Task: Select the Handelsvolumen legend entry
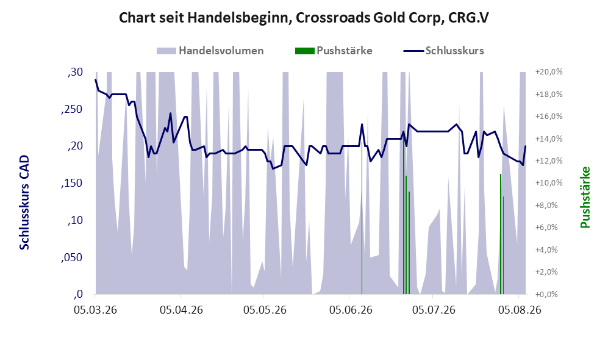point(210,51)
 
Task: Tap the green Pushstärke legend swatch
point(304,51)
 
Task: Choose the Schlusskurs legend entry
point(443,51)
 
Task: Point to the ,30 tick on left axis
point(75,72)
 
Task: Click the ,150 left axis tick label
point(72,183)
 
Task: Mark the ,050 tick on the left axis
point(72,257)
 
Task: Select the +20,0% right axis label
point(549,72)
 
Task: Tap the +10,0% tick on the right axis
point(549,183)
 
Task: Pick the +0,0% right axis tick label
point(547,295)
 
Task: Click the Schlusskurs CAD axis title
point(24,203)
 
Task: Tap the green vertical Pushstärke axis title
point(585,198)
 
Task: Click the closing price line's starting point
point(96,79)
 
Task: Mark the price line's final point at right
point(526,146)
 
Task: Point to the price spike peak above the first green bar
point(362,124)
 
